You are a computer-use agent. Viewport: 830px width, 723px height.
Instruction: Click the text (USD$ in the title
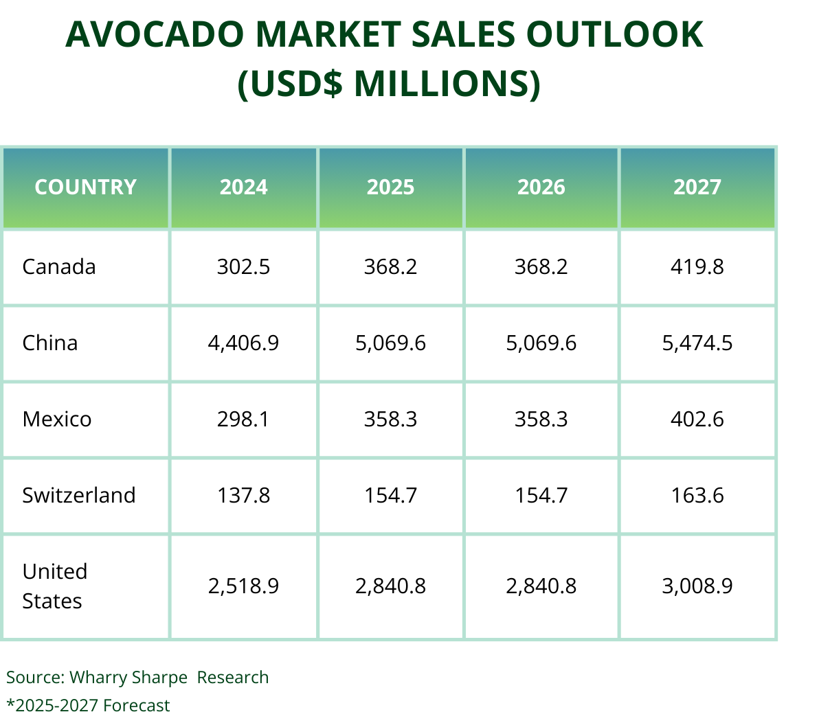[x=290, y=83]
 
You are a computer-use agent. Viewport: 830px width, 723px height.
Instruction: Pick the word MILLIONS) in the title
[x=447, y=83]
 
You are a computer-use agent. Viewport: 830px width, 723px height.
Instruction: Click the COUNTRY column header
[x=85, y=187]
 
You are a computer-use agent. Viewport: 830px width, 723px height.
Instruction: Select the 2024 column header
[x=243, y=187]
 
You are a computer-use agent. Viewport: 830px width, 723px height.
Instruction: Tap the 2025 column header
[x=390, y=187]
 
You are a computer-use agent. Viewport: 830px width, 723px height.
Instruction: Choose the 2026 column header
[x=541, y=187]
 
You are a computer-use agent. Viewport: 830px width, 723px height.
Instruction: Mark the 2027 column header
[x=697, y=187]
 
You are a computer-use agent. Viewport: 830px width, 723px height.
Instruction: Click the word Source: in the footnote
[x=36, y=678]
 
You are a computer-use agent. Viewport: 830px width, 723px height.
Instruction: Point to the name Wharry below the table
[x=98, y=678]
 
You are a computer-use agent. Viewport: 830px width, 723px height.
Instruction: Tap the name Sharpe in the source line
[x=159, y=678]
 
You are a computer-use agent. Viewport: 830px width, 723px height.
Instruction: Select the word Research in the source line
[x=233, y=678]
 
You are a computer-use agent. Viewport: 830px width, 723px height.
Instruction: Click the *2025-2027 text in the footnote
[x=52, y=706]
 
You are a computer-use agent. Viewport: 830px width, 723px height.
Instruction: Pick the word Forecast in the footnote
[x=137, y=706]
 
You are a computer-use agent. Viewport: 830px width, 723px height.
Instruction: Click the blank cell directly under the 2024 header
[x=243, y=267]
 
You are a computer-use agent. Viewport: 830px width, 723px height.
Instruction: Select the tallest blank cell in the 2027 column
[x=697, y=587]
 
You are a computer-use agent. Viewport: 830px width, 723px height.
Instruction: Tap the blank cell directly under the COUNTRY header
[x=85, y=267]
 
